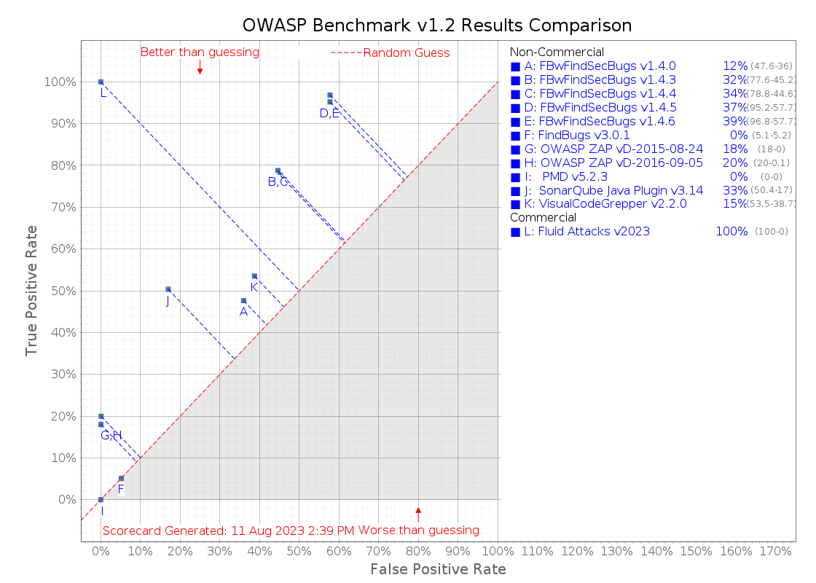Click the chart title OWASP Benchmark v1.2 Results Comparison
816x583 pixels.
point(436,25)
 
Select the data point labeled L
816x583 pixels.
point(101,82)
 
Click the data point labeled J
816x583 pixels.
point(168,289)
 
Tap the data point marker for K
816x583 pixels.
point(254,276)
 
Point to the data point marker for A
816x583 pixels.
point(243,300)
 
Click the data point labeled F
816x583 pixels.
point(121,478)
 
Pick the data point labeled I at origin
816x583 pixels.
point(101,499)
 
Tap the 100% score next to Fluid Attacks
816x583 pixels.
point(731,232)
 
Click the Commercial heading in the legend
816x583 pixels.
point(543,218)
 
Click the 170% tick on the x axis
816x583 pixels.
point(775,552)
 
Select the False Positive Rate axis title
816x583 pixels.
point(438,569)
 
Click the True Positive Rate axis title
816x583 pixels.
point(31,289)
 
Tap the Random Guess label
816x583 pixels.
point(407,53)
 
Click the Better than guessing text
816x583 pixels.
point(200,52)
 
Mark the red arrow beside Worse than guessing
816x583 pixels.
point(418,513)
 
